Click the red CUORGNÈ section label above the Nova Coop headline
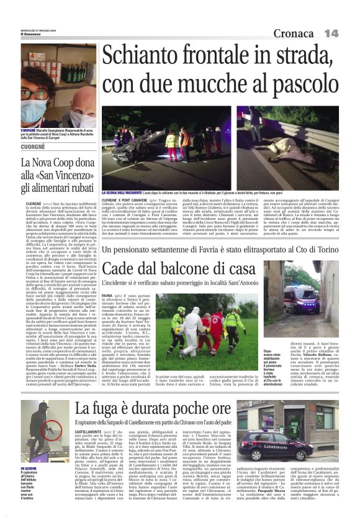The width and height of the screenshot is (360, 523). pyautogui.click(x=38, y=148)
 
